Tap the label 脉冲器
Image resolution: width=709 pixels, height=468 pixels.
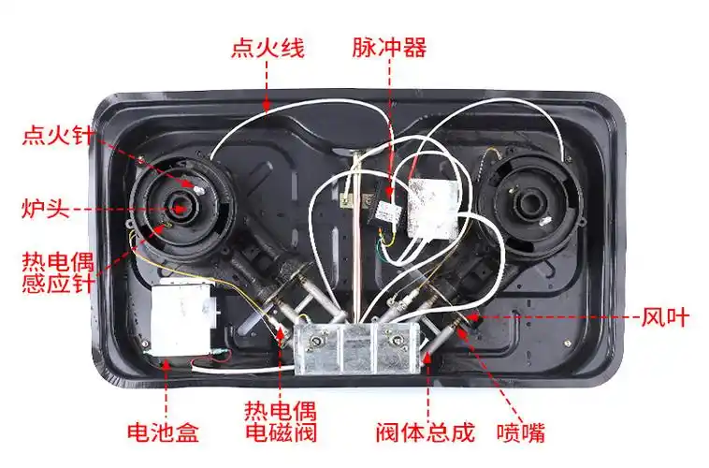(x=389, y=48)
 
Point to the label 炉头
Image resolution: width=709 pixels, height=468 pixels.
(x=45, y=208)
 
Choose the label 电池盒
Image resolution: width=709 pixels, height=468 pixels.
(x=164, y=432)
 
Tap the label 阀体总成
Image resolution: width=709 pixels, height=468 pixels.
(x=426, y=432)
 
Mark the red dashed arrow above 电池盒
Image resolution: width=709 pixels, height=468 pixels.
(x=166, y=388)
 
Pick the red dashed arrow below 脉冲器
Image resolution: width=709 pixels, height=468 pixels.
(x=389, y=122)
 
